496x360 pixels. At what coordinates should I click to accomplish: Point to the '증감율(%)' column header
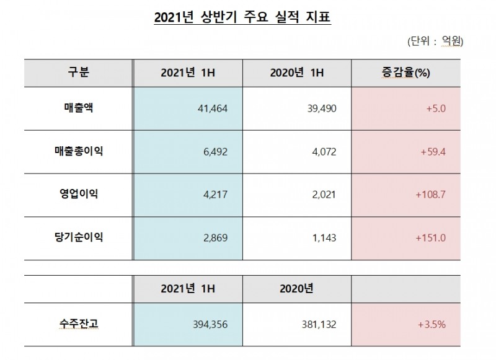click(x=406, y=72)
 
